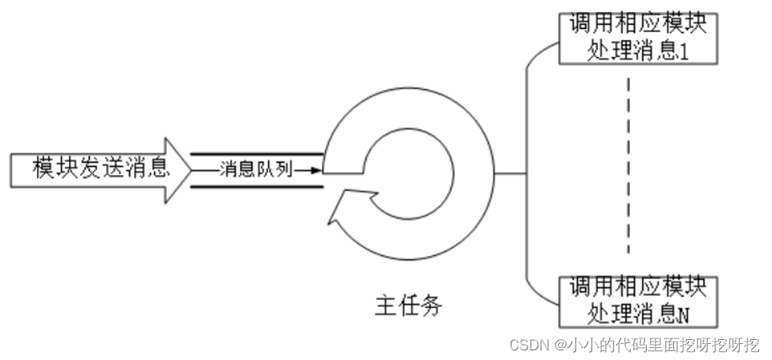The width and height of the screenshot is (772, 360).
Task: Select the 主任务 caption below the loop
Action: (408, 306)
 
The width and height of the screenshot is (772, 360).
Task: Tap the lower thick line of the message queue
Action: (257, 187)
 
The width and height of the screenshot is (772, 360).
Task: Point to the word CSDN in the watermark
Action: (528, 346)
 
